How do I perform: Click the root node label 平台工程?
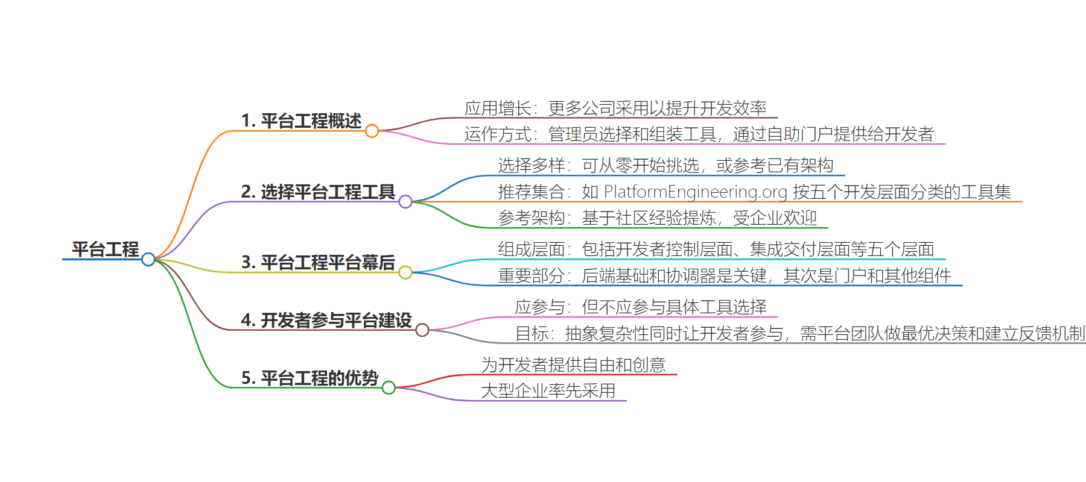(x=106, y=249)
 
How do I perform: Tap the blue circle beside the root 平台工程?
(x=148, y=259)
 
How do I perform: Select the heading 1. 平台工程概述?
(x=301, y=120)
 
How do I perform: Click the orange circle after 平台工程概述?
(x=372, y=131)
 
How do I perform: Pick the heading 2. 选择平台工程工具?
(x=318, y=192)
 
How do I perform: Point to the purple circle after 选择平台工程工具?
(x=405, y=202)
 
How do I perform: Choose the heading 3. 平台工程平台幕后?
(x=318, y=262)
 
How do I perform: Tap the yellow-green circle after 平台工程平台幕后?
(x=405, y=272)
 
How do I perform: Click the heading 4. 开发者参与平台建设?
(x=326, y=320)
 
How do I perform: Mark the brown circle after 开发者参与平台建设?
(x=422, y=330)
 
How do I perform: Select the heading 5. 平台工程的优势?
(x=310, y=378)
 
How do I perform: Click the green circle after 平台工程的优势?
(x=389, y=388)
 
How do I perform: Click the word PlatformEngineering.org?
(x=696, y=192)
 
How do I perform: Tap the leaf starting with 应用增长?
(x=615, y=108)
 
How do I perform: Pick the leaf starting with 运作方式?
(x=699, y=134)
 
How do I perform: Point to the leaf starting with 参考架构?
(x=658, y=218)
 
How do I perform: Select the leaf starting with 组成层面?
(x=716, y=249)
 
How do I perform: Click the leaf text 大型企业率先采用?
(x=548, y=390)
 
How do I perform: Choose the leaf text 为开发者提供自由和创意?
(x=574, y=365)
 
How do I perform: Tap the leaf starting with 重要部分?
(x=725, y=275)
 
